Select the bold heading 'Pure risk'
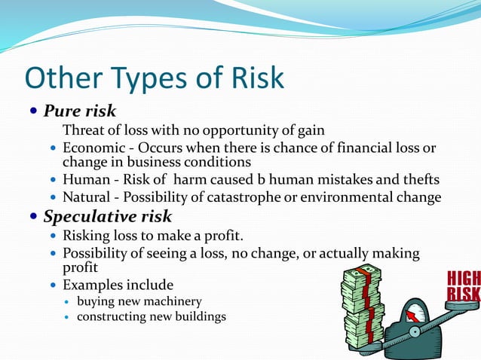(79, 111)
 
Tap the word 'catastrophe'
(250, 198)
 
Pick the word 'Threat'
(83, 130)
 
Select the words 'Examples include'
(118, 285)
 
